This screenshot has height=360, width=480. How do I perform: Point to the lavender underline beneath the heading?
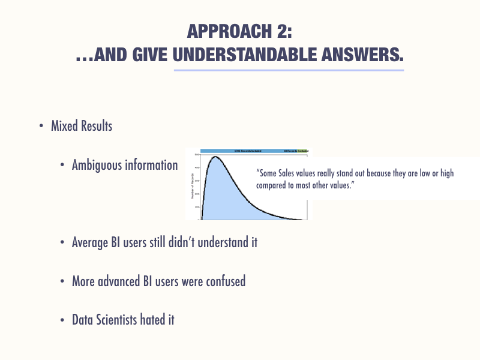(x=289, y=70)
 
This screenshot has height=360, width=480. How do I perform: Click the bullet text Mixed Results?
(x=82, y=127)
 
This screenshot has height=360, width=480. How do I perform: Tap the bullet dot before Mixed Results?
(x=41, y=127)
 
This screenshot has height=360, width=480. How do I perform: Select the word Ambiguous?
(x=97, y=165)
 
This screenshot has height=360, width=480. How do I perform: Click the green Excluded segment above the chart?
(x=303, y=151)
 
